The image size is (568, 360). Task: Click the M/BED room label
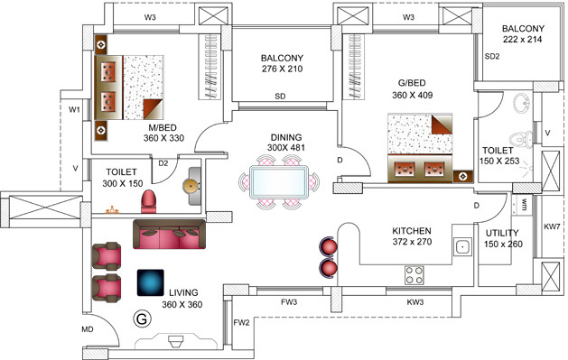click(x=163, y=127)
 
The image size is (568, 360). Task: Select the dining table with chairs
click(x=281, y=180)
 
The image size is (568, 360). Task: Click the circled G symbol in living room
click(x=141, y=318)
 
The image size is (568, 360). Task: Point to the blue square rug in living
click(x=150, y=282)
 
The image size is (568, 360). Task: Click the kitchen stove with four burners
click(x=414, y=273)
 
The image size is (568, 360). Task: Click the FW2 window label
click(x=241, y=322)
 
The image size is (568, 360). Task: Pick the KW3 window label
click(x=415, y=302)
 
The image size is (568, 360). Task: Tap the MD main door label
click(x=88, y=329)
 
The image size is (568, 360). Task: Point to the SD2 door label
click(x=492, y=56)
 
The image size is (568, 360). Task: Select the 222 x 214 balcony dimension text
click(x=524, y=41)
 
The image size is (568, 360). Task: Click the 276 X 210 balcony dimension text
click(x=281, y=68)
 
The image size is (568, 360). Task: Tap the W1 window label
click(x=75, y=109)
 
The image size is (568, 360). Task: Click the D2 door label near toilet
click(x=163, y=163)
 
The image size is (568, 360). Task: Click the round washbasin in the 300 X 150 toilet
click(x=191, y=184)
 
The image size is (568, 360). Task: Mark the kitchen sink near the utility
click(x=462, y=246)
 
